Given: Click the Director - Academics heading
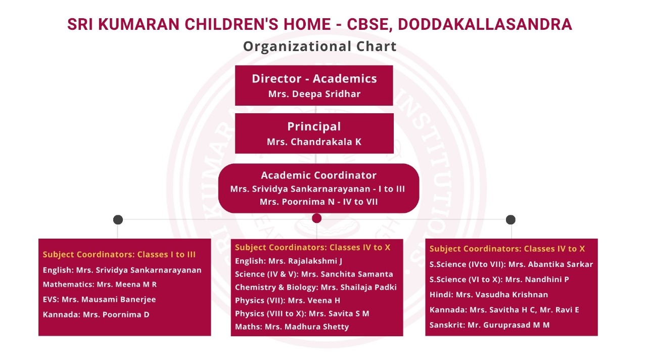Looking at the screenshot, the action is [x=314, y=78].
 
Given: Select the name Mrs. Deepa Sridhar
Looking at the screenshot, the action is [x=314, y=94].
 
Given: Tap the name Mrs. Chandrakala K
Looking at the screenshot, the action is [x=314, y=142].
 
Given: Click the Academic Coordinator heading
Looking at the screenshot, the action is [x=318, y=175].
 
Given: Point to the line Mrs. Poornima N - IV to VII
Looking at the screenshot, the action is [x=318, y=202].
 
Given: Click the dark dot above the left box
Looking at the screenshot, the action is [x=118, y=219].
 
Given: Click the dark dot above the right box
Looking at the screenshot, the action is [x=511, y=219].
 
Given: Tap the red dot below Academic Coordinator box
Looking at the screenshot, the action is [x=316, y=218].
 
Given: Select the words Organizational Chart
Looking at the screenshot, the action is [x=320, y=46].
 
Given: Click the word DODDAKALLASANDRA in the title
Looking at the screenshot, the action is [x=485, y=24].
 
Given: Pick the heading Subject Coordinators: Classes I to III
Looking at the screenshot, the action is [x=119, y=254].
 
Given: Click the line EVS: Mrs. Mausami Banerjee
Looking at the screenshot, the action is [x=100, y=299].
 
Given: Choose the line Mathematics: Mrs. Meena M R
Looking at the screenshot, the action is [x=100, y=284].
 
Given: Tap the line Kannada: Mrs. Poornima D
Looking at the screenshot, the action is [x=96, y=314].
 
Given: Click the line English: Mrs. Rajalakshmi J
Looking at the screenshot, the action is [x=289, y=261].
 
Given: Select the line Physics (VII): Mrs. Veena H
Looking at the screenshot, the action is [x=288, y=300].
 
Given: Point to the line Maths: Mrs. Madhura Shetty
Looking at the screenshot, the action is [x=292, y=327].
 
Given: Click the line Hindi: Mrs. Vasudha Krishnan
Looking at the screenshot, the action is [x=489, y=295].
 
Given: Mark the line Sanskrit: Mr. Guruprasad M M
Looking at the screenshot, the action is [x=490, y=325].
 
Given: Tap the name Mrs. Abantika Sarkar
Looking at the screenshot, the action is [x=550, y=264].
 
